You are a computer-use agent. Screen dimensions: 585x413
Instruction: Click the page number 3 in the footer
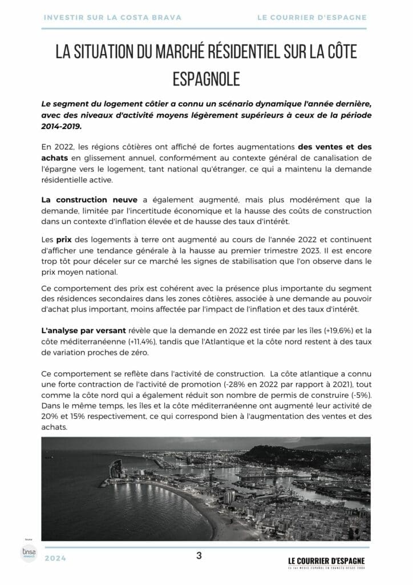click(x=199, y=555)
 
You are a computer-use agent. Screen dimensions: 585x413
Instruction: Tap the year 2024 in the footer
click(x=55, y=558)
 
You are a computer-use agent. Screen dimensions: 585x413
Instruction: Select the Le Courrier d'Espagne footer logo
click(x=326, y=562)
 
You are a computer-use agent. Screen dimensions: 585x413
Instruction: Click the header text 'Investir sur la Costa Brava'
click(x=112, y=17)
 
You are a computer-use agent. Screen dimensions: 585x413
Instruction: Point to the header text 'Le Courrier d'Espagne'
click(x=311, y=17)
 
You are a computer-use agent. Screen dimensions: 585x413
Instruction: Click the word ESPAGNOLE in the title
click(x=206, y=78)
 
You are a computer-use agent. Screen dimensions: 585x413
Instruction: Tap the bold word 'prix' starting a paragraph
click(x=63, y=240)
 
